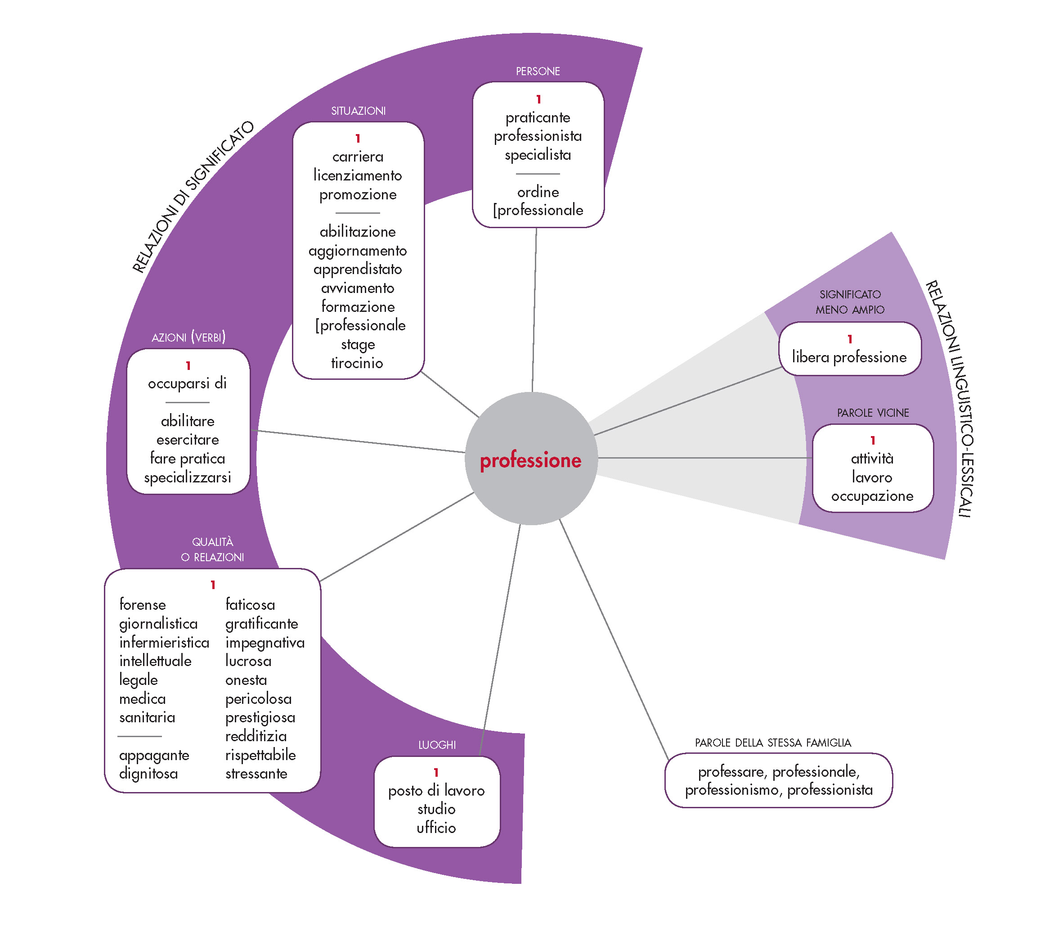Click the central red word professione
[530, 460]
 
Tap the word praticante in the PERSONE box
[538, 117]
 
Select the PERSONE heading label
[538, 71]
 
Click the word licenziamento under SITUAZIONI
[358, 176]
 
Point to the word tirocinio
[357, 363]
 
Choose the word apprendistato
[358, 270]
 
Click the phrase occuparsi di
[187, 383]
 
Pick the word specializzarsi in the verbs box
[187, 477]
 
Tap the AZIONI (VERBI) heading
[188, 337]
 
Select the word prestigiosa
[260, 718]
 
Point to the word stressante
[256, 774]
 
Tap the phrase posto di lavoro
[436, 791]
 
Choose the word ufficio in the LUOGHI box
[436, 828]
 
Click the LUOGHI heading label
[437, 745]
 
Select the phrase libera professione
[849, 357]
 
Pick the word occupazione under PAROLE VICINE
[872, 496]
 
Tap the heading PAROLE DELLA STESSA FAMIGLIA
[773, 743]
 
